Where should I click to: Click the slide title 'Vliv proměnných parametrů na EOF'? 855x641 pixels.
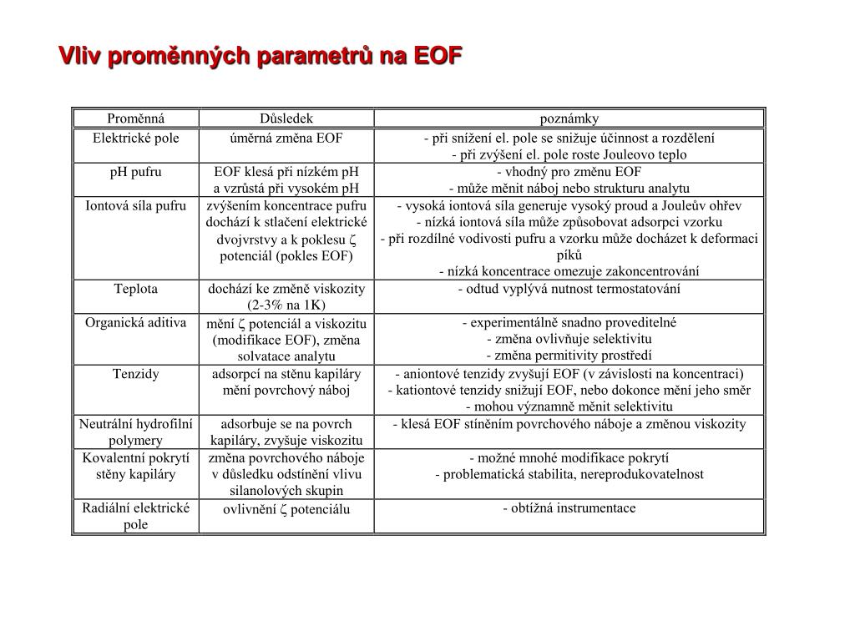[260, 56]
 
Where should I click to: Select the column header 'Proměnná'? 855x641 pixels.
[136, 119]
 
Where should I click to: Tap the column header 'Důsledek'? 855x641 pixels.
[286, 119]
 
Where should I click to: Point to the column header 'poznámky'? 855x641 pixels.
[569, 119]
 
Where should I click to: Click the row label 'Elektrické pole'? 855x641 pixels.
[136, 138]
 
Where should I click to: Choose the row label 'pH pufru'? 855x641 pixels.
[136, 172]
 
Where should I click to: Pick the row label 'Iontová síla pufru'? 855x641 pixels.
[136, 205]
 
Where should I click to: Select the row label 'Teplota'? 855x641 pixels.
[136, 289]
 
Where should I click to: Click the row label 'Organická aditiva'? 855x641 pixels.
[136, 322]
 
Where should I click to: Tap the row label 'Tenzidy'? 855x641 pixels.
[136, 373]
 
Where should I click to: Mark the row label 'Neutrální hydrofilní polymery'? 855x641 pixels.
[136, 432]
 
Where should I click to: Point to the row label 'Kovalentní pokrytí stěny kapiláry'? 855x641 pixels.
[136, 466]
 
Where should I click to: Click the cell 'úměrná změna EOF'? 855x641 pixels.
[286, 138]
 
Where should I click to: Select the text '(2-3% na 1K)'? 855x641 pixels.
[286, 305]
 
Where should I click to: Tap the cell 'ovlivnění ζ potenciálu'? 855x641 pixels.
[286, 509]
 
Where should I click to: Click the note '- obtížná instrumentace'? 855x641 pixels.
[569, 507]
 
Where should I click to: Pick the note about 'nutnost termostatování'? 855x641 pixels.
[569, 289]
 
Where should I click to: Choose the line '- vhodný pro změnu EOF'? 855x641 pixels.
[569, 172]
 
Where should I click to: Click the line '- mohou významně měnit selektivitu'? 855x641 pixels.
[569, 406]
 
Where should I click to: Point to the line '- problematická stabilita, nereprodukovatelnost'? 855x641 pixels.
[569, 474]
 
